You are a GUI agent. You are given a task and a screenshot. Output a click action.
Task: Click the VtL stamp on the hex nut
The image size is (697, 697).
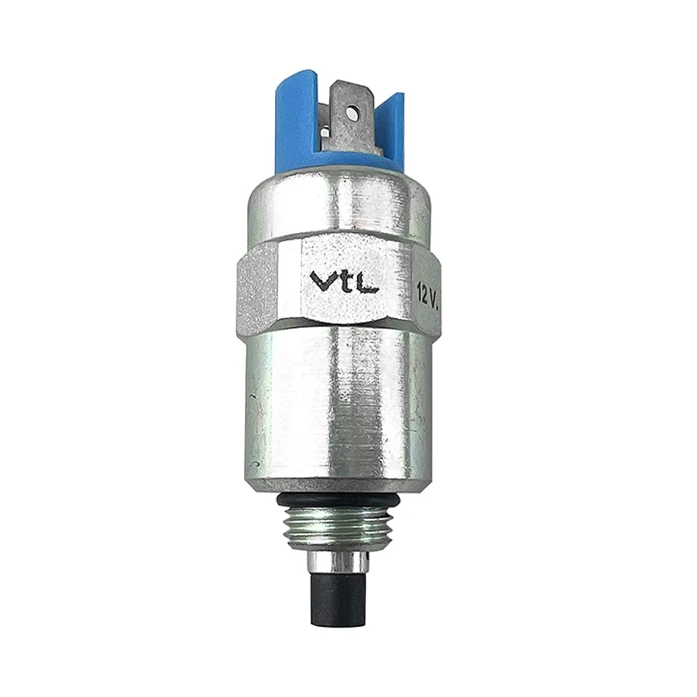coord(344,281)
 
